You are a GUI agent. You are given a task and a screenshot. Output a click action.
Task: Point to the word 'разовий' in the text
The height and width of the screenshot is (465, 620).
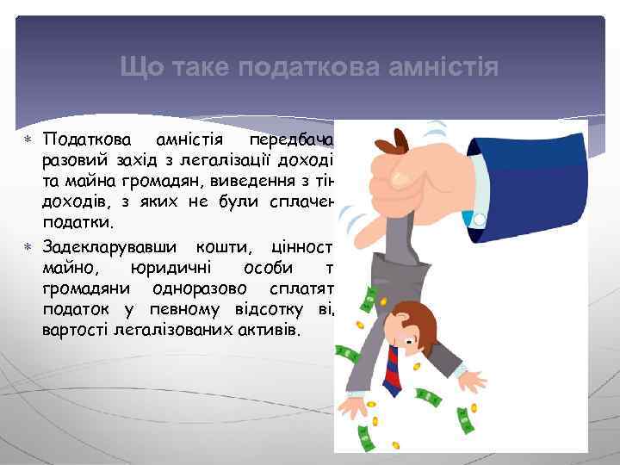(76, 159)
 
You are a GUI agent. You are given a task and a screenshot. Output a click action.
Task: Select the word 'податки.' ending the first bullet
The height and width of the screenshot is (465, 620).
(78, 222)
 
